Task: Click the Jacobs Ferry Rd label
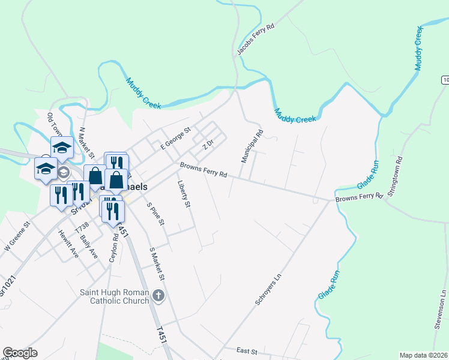coord(255,40)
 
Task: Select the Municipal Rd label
coord(252,147)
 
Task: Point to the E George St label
coord(175,139)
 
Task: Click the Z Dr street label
coord(208,145)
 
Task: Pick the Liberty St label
coord(184,194)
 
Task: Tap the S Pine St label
coord(156,214)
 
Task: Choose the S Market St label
coord(157,264)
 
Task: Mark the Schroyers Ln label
coord(268,290)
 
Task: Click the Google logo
coord(20,353)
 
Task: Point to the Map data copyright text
coord(424,355)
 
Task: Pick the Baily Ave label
coord(89,246)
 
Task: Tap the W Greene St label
coord(16,236)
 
